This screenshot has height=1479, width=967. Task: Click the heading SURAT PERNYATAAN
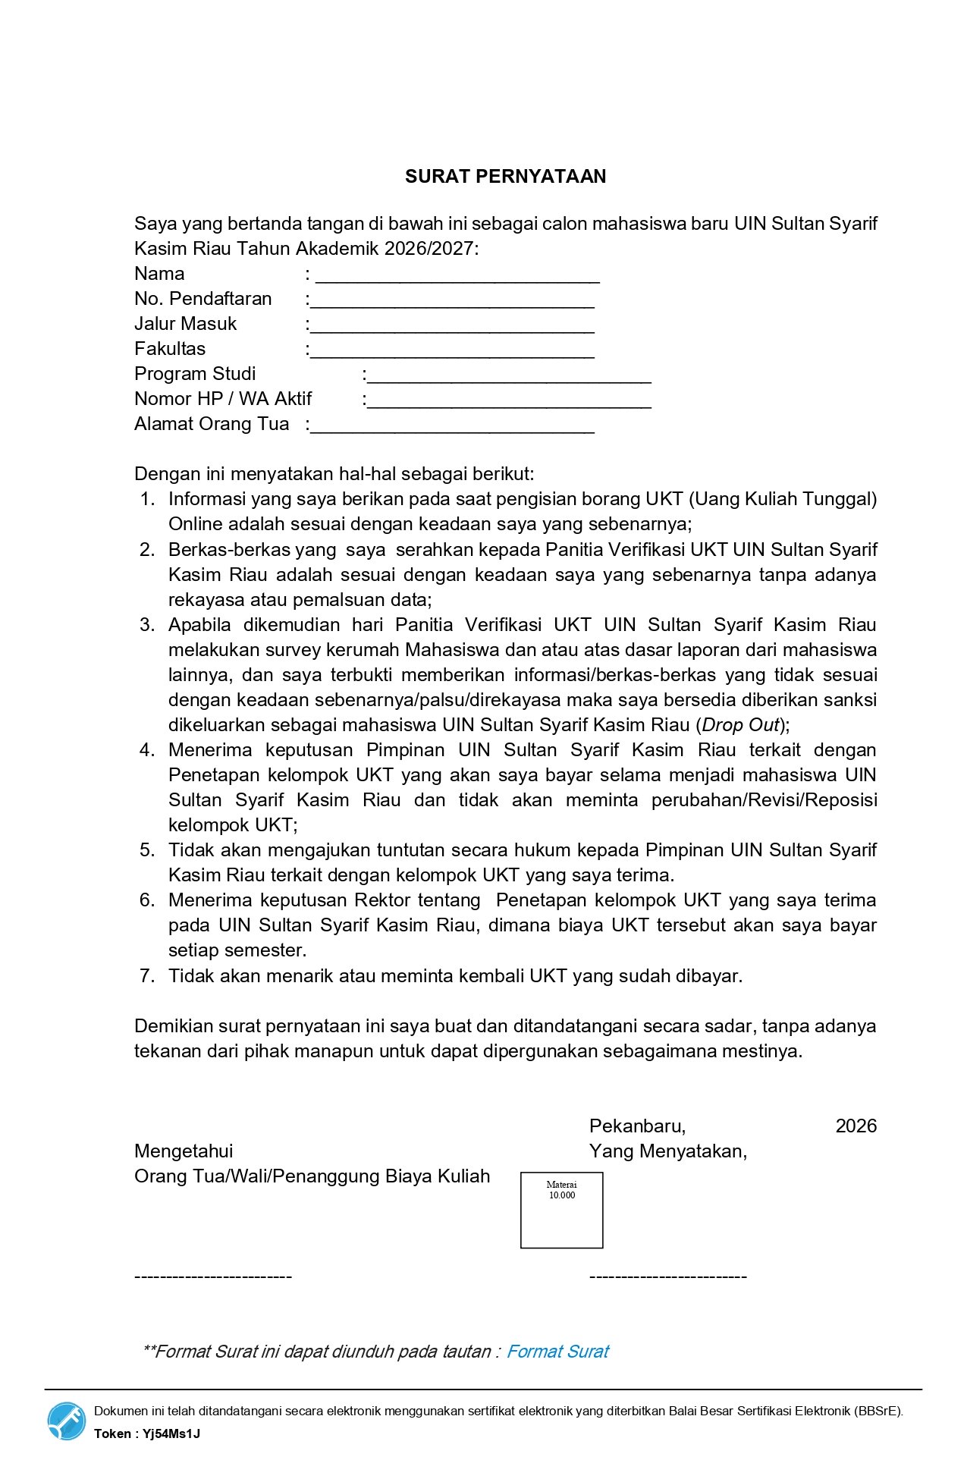click(505, 177)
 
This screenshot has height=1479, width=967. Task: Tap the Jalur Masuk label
click(185, 324)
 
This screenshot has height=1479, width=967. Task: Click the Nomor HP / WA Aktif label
click(223, 399)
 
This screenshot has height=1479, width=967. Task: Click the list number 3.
click(147, 625)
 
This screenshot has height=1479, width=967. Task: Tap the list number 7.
click(147, 976)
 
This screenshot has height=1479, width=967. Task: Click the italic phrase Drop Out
click(740, 725)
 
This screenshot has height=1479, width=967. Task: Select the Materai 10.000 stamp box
click(561, 1210)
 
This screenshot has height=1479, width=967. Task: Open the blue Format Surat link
click(557, 1352)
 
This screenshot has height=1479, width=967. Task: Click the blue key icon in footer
click(67, 1421)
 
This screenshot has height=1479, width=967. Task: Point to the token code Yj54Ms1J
click(171, 1433)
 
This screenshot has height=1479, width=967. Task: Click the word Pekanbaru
click(637, 1126)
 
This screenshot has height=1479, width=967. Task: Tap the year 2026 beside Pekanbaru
click(856, 1126)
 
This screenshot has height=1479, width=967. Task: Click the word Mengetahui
click(184, 1151)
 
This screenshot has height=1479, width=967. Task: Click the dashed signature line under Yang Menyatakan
click(667, 1276)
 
